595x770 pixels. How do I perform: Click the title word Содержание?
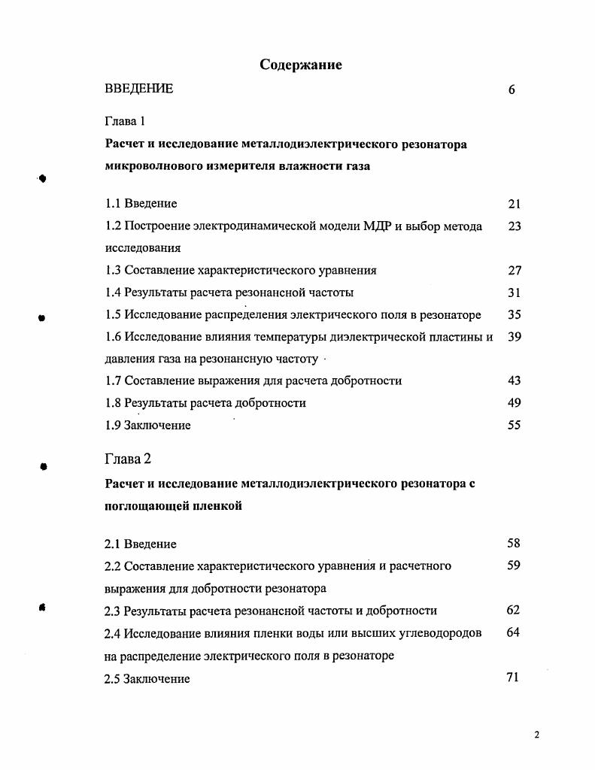tap(301, 65)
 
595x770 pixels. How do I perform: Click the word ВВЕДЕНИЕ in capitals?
tap(139, 89)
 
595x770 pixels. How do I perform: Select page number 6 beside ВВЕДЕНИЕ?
tap(512, 89)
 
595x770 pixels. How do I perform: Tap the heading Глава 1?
tap(124, 121)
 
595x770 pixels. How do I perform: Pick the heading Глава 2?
tap(128, 458)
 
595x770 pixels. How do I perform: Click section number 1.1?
tap(113, 203)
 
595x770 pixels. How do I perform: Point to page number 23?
tap(515, 226)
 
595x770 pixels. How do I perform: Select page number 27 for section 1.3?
tap(515, 270)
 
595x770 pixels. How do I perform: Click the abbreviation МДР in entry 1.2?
tap(378, 226)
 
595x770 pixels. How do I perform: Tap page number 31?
tap(515, 293)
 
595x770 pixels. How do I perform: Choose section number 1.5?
tap(113, 314)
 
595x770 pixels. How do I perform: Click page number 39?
tap(515, 337)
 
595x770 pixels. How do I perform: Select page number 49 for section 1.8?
tap(515, 403)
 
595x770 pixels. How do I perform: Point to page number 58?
tap(514, 543)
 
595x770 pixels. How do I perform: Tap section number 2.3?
tap(113, 611)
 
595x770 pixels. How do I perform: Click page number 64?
tap(514, 632)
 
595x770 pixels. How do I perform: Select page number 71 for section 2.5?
tap(514, 678)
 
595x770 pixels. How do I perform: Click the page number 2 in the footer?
tap(537, 735)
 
